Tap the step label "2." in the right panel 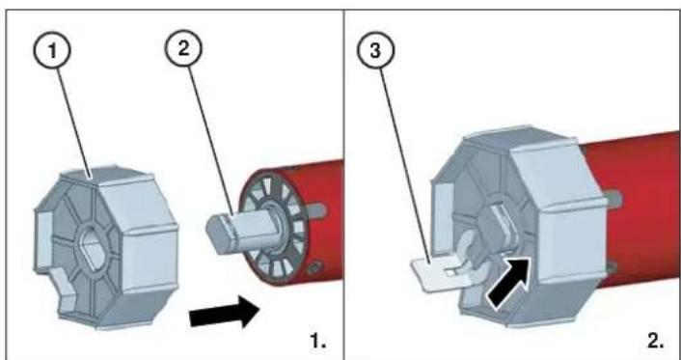click(x=652, y=341)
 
